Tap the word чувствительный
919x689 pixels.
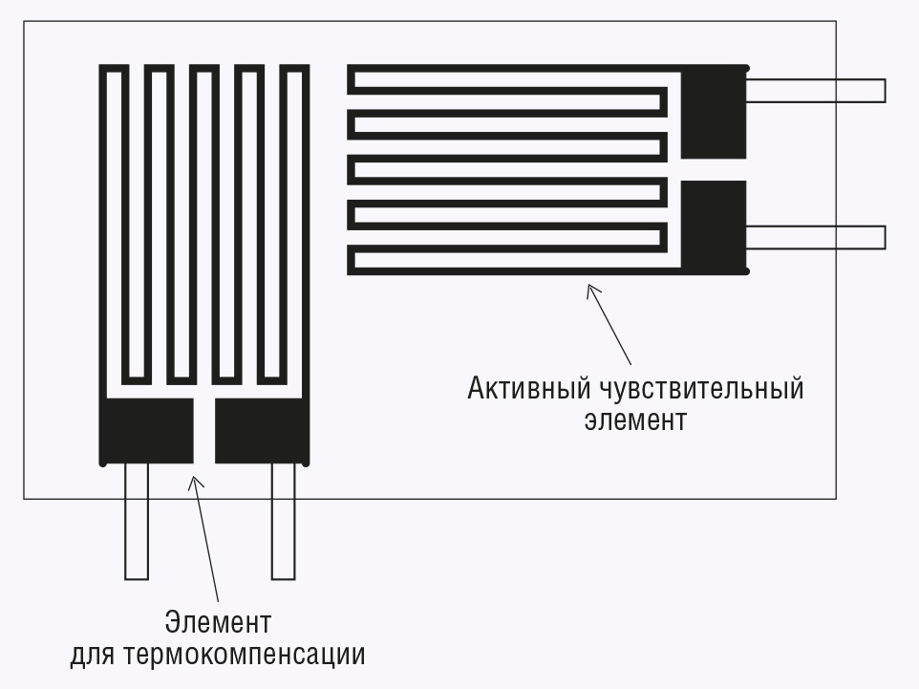(x=701, y=389)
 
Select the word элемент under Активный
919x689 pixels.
(x=635, y=420)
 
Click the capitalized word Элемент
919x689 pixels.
(x=218, y=622)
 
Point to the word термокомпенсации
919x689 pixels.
(x=245, y=655)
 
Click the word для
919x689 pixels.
(x=92, y=655)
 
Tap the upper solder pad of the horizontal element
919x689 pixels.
(x=714, y=112)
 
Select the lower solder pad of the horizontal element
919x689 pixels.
(x=714, y=226)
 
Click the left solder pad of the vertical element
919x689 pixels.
(x=146, y=431)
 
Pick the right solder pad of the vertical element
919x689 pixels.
(x=262, y=431)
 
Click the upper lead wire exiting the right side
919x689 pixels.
(x=815, y=91)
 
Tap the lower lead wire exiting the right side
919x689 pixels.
(x=815, y=238)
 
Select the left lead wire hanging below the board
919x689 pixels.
(x=137, y=522)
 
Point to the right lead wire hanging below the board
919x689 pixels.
(x=284, y=522)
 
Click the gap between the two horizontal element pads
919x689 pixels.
(x=714, y=169)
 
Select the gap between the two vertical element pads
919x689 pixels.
(x=204, y=431)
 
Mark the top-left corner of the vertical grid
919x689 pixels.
(x=99, y=65)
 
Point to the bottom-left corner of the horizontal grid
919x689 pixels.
(x=348, y=274)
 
